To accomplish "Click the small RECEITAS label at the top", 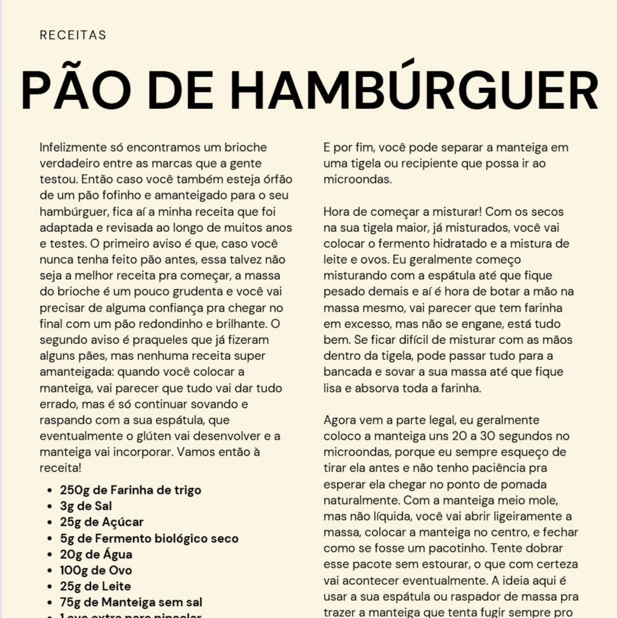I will coord(73,35).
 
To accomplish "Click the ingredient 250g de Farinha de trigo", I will coord(131,490).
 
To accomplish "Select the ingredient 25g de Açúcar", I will coord(102,522).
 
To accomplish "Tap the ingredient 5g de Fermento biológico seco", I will coord(149,538).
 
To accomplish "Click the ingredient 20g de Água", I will coord(96,554).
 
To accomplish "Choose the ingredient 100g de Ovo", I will coord(96,570).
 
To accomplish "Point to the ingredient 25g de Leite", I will coord(96,586).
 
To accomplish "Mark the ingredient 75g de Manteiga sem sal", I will coord(131,601).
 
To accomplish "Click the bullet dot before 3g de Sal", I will coord(50,507).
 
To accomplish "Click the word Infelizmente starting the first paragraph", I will coord(71,147).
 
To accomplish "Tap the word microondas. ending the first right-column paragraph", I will coord(357,180).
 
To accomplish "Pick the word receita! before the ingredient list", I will coord(60,468).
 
